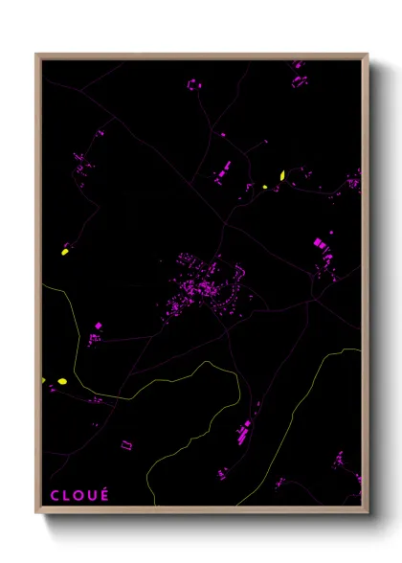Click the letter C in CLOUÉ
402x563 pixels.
pos(54,495)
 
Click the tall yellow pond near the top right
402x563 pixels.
pos(282,175)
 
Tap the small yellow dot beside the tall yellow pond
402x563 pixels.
pos(265,187)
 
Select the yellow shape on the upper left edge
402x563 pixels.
pos(65,252)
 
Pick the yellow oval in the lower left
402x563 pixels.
pos(62,382)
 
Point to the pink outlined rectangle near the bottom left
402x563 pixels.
pos(125,444)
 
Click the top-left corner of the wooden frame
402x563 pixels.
pos(37,55)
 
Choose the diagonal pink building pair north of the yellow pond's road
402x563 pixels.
pos(223,172)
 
